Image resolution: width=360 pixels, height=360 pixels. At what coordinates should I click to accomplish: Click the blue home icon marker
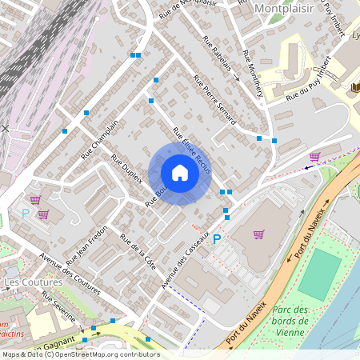[180, 174]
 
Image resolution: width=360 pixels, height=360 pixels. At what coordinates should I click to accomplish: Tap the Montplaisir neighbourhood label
[284, 9]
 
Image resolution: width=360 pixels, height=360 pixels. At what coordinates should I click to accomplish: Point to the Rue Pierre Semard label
[214, 99]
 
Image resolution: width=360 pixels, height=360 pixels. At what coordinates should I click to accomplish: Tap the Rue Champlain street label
[100, 137]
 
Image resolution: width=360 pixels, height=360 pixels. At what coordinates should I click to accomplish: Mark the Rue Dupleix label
[126, 169]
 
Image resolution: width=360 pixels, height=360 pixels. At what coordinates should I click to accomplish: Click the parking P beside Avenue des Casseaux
[216, 238]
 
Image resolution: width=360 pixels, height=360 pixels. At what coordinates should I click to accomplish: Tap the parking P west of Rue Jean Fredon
[25, 214]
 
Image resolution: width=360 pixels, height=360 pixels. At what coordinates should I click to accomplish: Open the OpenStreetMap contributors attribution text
[80, 354]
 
